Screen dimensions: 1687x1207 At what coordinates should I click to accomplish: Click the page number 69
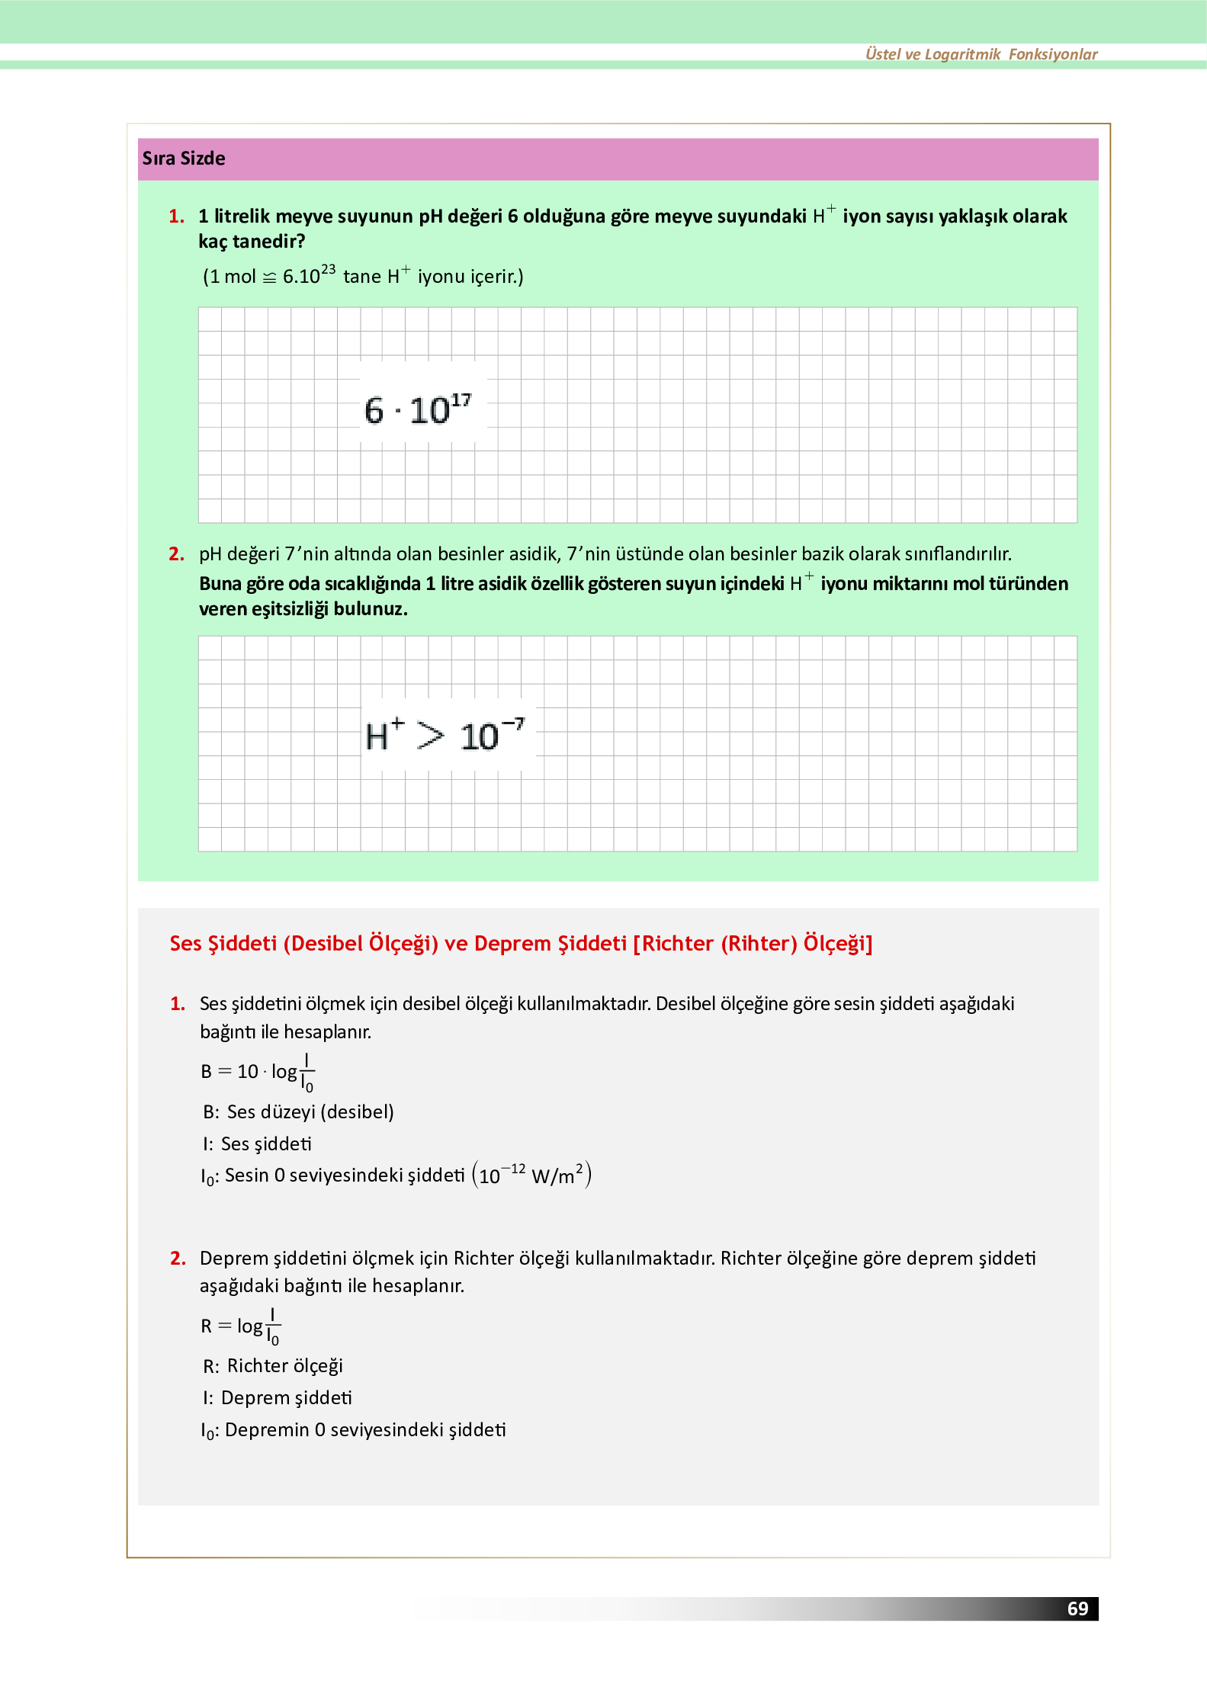pyautogui.click(x=1077, y=1608)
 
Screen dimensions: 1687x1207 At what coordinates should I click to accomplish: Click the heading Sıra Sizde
pyautogui.click(x=184, y=159)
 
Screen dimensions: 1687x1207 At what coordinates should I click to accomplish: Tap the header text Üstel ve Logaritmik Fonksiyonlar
pyautogui.click(x=981, y=54)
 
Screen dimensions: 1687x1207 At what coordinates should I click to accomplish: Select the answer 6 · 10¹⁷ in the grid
pyautogui.click(x=418, y=410)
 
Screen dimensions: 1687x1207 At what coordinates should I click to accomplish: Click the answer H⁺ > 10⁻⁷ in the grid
pyautogui.click(x=445, y=736)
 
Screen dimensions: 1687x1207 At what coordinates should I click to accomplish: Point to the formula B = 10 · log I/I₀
pyautogui.click(x=258, y=1072)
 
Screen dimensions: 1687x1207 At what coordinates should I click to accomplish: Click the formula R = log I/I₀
pyautogui.click(x=241, y=1326)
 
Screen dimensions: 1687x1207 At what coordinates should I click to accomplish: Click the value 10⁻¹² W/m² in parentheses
pyautogui.click(x=531, y=1175)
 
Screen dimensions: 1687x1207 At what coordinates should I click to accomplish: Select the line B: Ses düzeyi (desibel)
pyautogui.click(x=298, y=1112)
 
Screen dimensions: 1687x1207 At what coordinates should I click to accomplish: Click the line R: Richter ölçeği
pyautogui.click(x=273, y=1366)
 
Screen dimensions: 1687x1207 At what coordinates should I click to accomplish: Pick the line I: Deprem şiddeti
pyautogui.click(x=278, y=1398)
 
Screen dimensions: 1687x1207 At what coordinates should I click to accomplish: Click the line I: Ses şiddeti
pyautogui.click(x=257, y=1144)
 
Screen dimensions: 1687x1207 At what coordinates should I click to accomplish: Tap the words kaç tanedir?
pyautogui.click(x=252, y=242)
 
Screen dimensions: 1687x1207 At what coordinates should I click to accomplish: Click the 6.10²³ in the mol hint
pyautogui.click(x=308, y=276)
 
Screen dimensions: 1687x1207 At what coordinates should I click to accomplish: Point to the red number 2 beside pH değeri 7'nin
pyautogui.click(x=176, y=554)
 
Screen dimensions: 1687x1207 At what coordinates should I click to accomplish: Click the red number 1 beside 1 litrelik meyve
pyautogui.click(x=176, y=216)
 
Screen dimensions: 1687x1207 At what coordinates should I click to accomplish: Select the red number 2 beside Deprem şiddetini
pyautogui.click(x=178, y=1259)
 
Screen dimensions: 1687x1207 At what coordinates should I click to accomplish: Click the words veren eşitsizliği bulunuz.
pyautogui.click(x=303, y=609)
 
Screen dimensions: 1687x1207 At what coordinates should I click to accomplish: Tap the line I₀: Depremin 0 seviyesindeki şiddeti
pyautogui.click(x=353, y=1430)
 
